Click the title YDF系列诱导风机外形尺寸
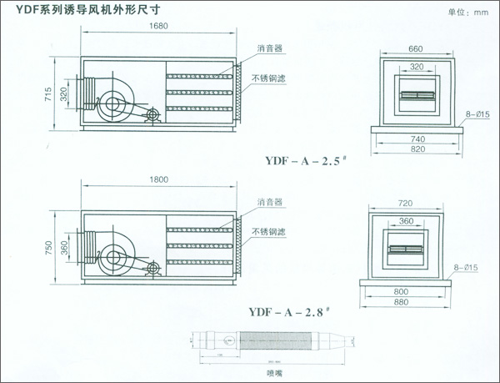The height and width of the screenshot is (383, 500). coord(67,13)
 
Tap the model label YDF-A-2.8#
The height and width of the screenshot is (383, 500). coord(289,312)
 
